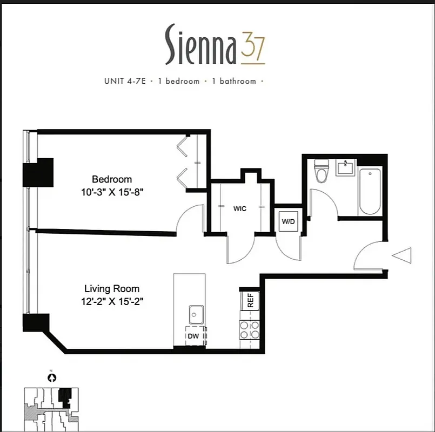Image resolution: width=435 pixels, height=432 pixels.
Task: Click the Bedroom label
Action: (111, 179)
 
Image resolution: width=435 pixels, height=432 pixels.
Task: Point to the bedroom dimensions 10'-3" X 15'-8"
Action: (111, 191)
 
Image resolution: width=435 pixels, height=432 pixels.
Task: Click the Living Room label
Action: (111, 289)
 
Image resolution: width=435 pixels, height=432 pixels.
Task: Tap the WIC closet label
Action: (240, 208)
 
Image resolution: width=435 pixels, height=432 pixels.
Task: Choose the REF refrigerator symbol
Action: (250, 300)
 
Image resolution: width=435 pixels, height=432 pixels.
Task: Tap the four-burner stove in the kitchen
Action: (250, 330)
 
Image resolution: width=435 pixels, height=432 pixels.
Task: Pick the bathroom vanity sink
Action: (345, 168)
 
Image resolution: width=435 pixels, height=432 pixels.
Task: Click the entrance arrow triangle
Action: (403, 255)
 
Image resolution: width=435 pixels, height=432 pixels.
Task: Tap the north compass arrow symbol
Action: (52, 378)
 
